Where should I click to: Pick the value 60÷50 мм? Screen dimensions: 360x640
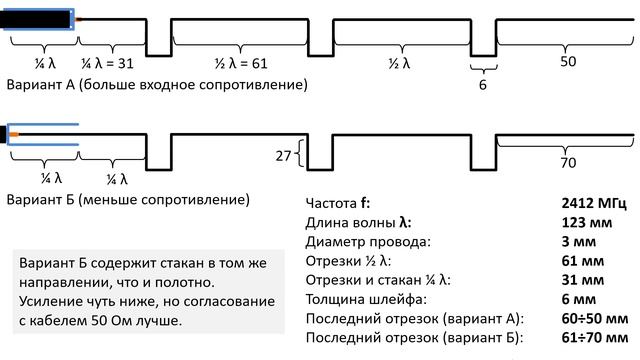click(x=594, y=318)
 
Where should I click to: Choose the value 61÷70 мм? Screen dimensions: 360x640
click(x=594, y=337)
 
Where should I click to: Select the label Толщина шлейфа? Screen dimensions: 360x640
click(x=364, y=299)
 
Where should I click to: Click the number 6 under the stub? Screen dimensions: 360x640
click(x=483, y=85)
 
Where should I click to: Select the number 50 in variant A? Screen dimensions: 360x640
click(x=567, y=62)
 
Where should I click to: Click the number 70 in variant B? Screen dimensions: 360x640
click(x=568, y=163)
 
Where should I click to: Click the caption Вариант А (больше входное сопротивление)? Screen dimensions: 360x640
click(x=156, y=85)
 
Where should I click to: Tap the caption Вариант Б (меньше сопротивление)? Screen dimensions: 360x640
click(x=127, y=201)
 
